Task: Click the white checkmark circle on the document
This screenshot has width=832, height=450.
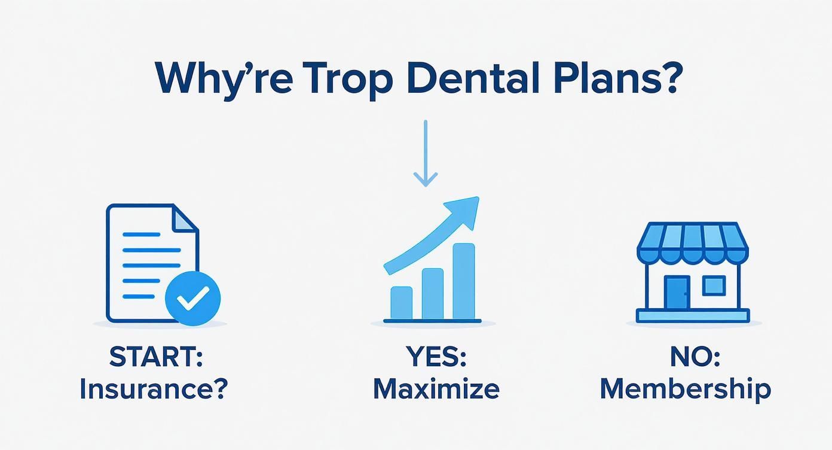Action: (x=192, y=298)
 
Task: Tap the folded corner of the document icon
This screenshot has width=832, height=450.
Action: (x=185, y=217)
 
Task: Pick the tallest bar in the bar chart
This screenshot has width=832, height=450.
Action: (x=464, y=281)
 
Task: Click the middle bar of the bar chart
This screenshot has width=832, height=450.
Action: (x=433, y=293)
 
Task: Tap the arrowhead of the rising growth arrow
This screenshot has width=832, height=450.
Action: (x=467, y=210)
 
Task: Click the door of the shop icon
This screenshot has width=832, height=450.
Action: (x=677, y=293)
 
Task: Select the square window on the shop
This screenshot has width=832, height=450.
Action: (x=714, y=285)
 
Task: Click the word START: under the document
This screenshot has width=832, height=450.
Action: (x=156, y=358)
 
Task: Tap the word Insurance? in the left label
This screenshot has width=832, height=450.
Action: (x=154, y=389)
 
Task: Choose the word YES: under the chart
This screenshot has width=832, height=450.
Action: (x=436, y=358)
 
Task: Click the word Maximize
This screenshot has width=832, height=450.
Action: (x=436, y=389)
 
